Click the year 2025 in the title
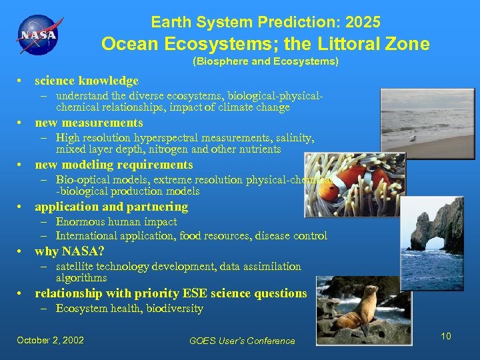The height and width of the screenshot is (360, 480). (363, 22)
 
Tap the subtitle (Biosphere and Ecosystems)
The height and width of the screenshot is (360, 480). (265, 61)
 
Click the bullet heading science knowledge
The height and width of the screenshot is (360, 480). (87, 81)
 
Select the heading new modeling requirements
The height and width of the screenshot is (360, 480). (113, 165)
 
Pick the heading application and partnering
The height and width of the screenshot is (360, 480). (111, 207)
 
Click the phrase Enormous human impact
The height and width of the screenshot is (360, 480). (116, 222)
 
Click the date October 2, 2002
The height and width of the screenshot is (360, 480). (51, 340)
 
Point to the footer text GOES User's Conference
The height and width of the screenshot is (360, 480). (242, 341)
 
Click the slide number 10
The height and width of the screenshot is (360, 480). (446, 336)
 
